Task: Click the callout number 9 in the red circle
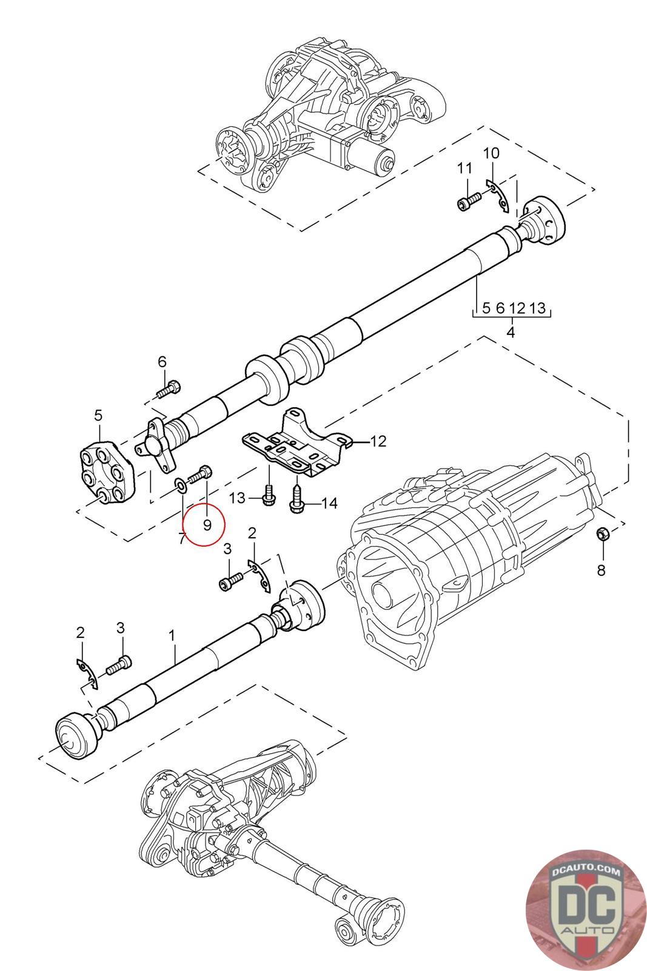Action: [x=207, y=525]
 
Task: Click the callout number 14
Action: [x=329, y=503]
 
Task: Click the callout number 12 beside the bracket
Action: [x=378, y=441]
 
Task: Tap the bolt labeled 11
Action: [x=469, y=201]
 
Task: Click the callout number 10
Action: [x=491, y=153]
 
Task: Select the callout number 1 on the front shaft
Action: [x=172, y=636]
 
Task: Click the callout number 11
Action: [x=464, y=167]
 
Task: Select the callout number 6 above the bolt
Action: [x=162, y=362]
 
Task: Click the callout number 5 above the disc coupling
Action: [x=99, y=415]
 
